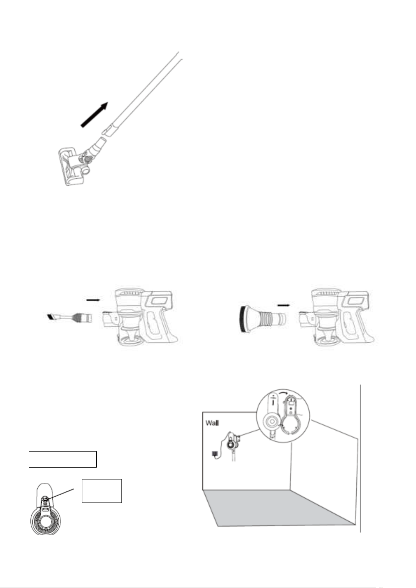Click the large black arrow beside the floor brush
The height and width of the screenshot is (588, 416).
click(x=94, y=115)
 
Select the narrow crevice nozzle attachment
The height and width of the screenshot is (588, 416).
click(x=69, y=318)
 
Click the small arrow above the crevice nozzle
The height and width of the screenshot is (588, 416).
click(x=93, y=300)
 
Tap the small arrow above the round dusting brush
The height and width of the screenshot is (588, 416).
click(x=284, y=305)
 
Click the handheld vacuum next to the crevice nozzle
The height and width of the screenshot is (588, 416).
click(x=141, y=318)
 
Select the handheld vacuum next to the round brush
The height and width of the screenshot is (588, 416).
click(x=337, y=318)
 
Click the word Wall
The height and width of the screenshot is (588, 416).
click(x=212, y=423)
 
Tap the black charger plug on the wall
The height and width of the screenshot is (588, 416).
click(x=214, y=453)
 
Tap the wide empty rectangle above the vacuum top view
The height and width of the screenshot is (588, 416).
click(x=63, y=459)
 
